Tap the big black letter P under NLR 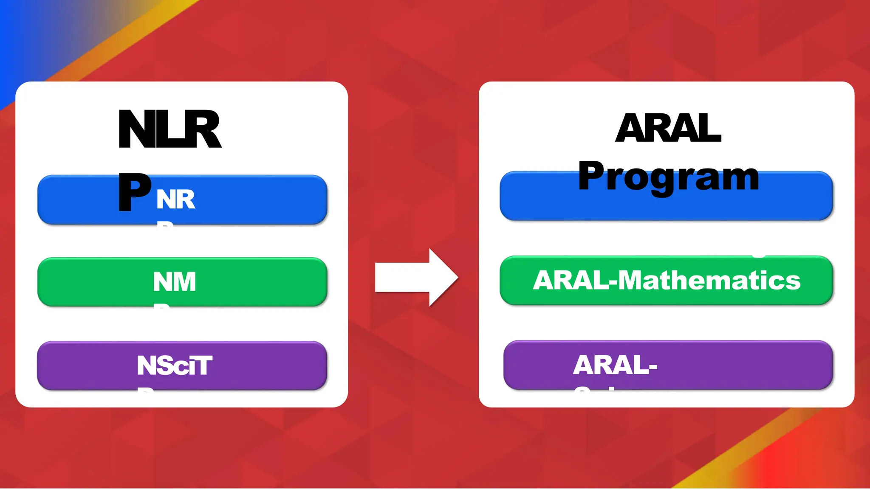(x=134, y=192)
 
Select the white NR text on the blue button (x=175, y=200)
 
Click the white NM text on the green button (x=174, y=282)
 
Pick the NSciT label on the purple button (x=174, y=365)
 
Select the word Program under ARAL (x=668, y=177)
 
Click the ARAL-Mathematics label (x=666, y=281)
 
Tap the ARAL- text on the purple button (x=615, y=365)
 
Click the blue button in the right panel (x=666, y=206)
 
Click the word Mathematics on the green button (x=709, y=281)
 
